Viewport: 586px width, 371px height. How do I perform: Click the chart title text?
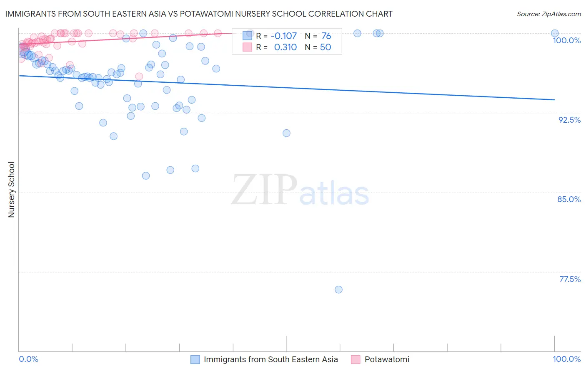[198, 14]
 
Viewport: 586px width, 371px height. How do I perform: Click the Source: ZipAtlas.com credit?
[548, 14]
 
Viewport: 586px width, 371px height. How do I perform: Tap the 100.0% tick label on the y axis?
[566, 40]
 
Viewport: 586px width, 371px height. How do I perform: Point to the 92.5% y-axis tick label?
[569, 120]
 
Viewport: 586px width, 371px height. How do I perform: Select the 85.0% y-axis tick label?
[569, 199]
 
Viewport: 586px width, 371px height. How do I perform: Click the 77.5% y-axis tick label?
[569, 279]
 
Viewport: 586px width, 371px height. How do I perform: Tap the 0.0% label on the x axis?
[28, 359]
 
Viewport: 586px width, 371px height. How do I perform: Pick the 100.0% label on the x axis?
[566, 359]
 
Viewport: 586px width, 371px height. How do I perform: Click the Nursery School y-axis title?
[11, 190]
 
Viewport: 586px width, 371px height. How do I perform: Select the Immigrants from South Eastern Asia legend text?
[270, 359]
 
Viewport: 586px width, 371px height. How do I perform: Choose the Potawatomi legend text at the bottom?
[387, 359]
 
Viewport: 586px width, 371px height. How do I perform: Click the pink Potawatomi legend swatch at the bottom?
[356, 359]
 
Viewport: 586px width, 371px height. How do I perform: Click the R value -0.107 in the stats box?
[283, 36]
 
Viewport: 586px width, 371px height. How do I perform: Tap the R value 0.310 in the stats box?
[285, 47]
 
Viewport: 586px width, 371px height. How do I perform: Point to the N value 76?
[326, 36]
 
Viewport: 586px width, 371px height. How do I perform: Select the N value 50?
[325, 47]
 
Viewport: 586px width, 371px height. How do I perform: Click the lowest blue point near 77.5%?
[338, 289]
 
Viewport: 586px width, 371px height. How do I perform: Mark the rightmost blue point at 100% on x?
[554, 33]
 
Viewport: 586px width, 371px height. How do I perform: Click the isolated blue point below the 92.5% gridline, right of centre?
[286, 133]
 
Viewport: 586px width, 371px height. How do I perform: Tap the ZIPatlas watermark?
[300, 190]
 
